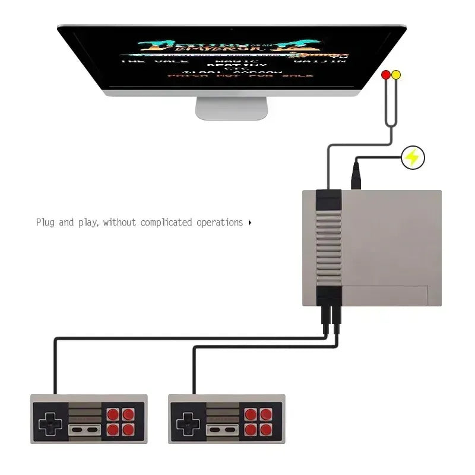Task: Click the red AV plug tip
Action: pyautogui.click(x=386, y=75)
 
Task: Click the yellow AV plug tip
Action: pyautogui.click(x=396, y=75)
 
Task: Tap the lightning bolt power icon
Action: pyautogui.click(x=413, y=158)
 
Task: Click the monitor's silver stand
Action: pyautogui.click(x=232, y=108)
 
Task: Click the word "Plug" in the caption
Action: pyautogui.click(x=46, y=223)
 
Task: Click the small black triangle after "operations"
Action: pyautogui.click(x=250, y=223)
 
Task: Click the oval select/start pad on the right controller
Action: pyautogui.click(x=221, y=429)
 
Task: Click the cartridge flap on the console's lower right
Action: pyautogui.click(x=386, y=295)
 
